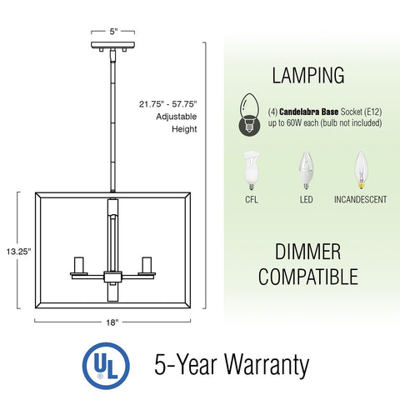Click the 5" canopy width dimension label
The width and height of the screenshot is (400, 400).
(x=113, y=32)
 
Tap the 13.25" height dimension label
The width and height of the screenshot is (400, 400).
(x=18, y=252)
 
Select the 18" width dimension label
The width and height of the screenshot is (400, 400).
(x=112, y=322)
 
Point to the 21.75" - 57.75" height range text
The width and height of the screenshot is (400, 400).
(x=167, y=104)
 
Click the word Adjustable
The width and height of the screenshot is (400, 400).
(x=176, y=117)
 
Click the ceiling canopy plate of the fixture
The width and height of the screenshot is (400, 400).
(x=113, y=45)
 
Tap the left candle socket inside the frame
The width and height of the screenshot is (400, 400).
(x=79, y=265)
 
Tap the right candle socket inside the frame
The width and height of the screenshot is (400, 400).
(x=147, y=265)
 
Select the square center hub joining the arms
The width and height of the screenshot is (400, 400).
(x=112, y=277)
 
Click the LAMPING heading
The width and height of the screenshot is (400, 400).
(x=308, y=75)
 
